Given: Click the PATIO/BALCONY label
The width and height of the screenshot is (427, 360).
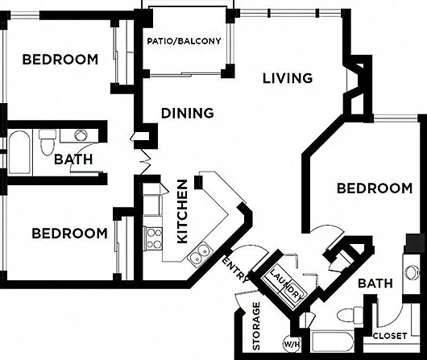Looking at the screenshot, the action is (184, 41).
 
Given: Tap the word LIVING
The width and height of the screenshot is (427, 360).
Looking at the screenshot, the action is (288, 78).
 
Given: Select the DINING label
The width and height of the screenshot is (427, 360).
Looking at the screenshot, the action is (188, 113).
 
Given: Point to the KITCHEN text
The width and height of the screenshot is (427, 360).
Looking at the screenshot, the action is (182, 211).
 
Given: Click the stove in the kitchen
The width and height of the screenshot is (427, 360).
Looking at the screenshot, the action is (153, 239).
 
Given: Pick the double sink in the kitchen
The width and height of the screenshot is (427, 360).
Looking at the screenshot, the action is (200, 254).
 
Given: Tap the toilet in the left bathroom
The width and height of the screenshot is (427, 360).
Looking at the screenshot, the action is (48, 142).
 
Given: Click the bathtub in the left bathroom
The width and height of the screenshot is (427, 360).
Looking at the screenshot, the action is (19, 152).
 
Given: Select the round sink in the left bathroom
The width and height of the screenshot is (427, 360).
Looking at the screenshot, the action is (81, 134).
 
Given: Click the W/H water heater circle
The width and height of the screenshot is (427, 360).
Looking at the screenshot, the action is (292, 343).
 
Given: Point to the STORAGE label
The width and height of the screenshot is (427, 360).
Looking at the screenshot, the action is (256, 325).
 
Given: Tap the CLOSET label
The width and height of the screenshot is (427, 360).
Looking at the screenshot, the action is (390, 336).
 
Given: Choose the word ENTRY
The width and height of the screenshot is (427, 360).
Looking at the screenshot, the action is (236, 269).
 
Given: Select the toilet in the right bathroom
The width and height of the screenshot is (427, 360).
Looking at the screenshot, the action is (350, 315).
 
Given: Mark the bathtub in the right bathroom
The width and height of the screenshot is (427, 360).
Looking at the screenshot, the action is (332, 341).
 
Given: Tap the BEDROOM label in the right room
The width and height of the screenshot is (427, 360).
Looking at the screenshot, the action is (375, 188).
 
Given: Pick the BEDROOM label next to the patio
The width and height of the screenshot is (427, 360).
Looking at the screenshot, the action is (60, 60).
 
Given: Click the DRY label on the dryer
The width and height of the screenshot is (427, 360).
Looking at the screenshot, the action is (296, 292).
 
